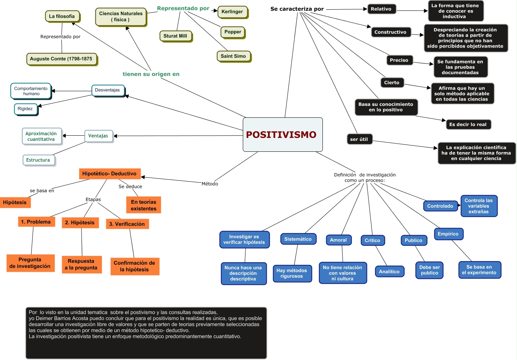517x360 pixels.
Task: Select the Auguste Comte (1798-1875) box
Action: pyautogui.click(x=61, y=59)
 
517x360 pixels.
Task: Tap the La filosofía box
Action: pyautogui.click(x=62, y=16)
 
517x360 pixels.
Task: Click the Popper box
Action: pyautogui.click(x=233, y=32)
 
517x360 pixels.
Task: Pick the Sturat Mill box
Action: pyautogui.click(x=175, y=36)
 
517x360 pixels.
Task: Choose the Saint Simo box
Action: pyautogui.click(x=233, y=56)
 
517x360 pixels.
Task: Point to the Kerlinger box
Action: pyautogui.click(x=232, y=12)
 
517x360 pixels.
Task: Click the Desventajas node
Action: pyautogui.click(x=108, y=90)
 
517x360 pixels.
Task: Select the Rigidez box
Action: pyautogui.click(x=25, y=109)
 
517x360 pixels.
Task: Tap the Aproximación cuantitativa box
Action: pyautogui.click(x=41, y=136)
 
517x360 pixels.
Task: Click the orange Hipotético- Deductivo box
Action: pyautogui.click(x=110, y=174)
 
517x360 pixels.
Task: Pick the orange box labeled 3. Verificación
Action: pyautogui.click(x=127, y=224)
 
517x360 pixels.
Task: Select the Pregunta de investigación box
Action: pyautogui.click(x=30, y=263)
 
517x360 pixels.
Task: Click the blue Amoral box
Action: pyautogui.click(x=339, y=240)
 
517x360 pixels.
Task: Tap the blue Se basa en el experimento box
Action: pyautogui.click(x=479, y=270)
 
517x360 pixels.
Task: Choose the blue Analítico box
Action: pyautogui.click(x=389, y=272)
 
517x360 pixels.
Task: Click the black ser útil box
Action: pyautogui.click(x=359, y=139)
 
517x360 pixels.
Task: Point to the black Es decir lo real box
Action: pyautogui.click(x=468, y=124)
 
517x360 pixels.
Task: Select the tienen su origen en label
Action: pyautogui.click(x=151, y=74)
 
